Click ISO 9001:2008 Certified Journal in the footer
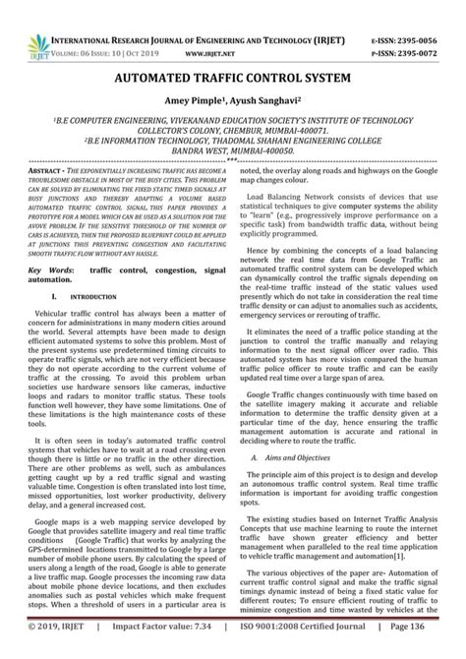(x=303, y=649)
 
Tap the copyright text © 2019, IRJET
(x=52, y=649)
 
